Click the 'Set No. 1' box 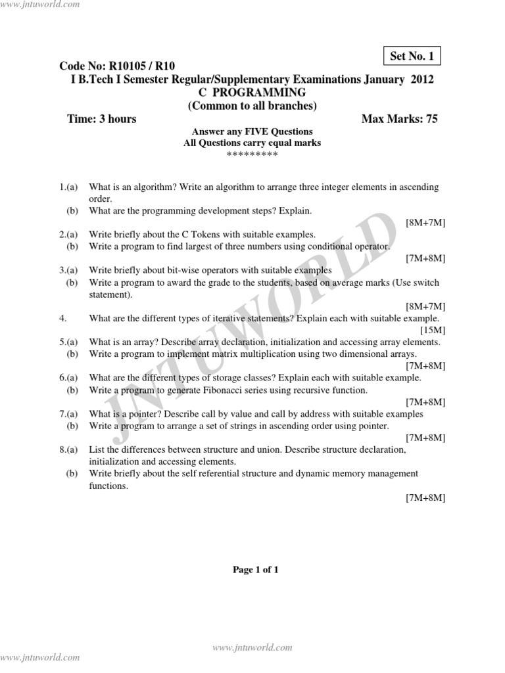pyautogui.click(x=412, y=57)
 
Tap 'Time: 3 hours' pyautogui.click(x=102, y=119)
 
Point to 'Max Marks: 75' pyautogui.click(x=399, y=119)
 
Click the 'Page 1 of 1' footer pyautogui.click(x=256, y=570)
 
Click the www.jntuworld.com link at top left pyautogui.click(x=40, y=5)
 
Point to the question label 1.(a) pyautogui.click(x=69, y=187)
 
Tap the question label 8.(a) pyautogui.click(x=69, y=450)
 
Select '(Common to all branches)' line pyautogui.click(x=252, y=106)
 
